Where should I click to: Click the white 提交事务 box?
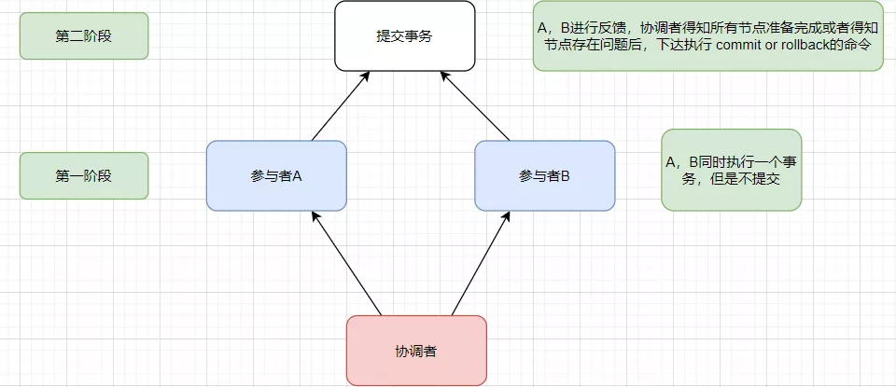404,35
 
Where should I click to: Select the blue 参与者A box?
276,175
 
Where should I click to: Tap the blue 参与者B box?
544,175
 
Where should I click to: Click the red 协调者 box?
416,351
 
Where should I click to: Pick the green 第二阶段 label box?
84,35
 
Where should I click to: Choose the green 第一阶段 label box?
84,175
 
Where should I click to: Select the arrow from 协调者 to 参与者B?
482,263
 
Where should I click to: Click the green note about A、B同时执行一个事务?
731,170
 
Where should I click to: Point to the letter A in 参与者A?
296,175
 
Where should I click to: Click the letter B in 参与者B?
565,175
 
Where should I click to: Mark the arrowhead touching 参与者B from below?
508,216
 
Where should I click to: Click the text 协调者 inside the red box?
416,352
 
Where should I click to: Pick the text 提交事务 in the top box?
404,36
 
